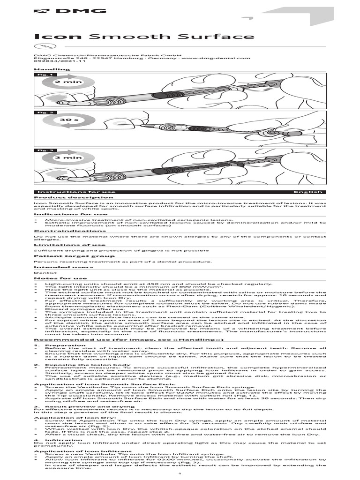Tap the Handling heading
click(x=52, y=69)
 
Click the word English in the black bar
click(x=308, y=192)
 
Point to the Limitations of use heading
click(x=62, y=245)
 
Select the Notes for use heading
click(x=53, y=278)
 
